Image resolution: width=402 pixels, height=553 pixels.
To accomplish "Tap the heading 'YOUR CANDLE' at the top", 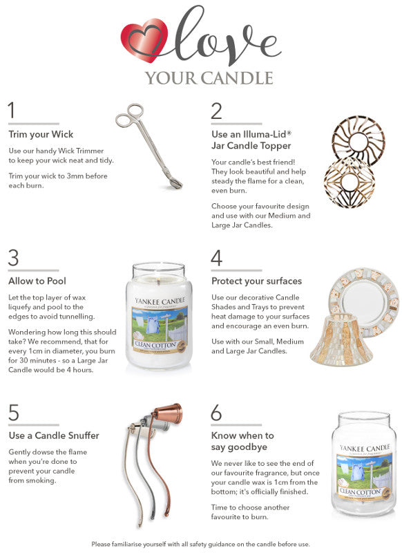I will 209,77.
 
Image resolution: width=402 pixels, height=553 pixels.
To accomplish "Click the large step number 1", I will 11,110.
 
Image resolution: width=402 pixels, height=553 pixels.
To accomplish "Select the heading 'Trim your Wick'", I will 41,134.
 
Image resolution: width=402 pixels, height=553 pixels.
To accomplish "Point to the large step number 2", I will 217,110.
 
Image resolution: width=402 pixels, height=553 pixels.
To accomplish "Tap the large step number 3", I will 13,258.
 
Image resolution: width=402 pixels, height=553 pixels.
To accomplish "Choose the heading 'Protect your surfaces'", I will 256,281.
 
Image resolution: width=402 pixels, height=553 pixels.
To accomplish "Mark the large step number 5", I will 13,413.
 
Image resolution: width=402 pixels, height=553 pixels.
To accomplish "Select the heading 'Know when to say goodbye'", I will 242,441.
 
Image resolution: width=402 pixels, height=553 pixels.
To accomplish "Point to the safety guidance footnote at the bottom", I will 201,544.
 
